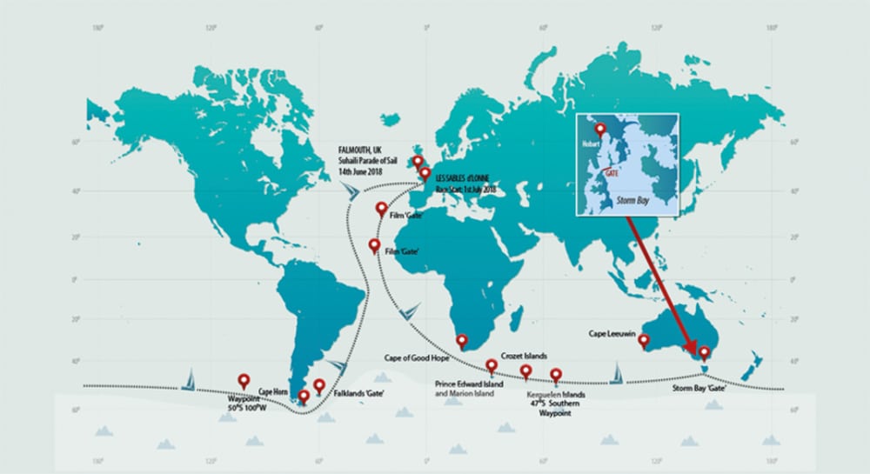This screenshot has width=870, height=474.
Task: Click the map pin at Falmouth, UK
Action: point(418,162)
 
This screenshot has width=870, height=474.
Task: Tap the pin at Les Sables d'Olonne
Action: point(425,174)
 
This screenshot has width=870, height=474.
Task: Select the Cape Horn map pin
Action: point(304,397)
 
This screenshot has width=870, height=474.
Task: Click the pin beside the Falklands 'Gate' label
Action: point(319,385)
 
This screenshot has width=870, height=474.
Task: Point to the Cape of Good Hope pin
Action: point(462,341)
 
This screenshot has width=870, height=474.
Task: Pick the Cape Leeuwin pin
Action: point(644,340)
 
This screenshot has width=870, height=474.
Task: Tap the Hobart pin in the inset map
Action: point(599,130)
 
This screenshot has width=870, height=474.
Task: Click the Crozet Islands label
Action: point(524,357)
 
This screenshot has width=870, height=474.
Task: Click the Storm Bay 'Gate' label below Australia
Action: point(699,388)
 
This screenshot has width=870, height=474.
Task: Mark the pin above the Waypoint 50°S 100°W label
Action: point(244,381)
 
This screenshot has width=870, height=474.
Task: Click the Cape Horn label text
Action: point(273,392)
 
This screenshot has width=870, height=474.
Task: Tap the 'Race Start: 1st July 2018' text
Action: point(466,189)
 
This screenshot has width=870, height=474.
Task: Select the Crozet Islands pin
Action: point(525,372)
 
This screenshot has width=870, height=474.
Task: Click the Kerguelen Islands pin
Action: point(556,376)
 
